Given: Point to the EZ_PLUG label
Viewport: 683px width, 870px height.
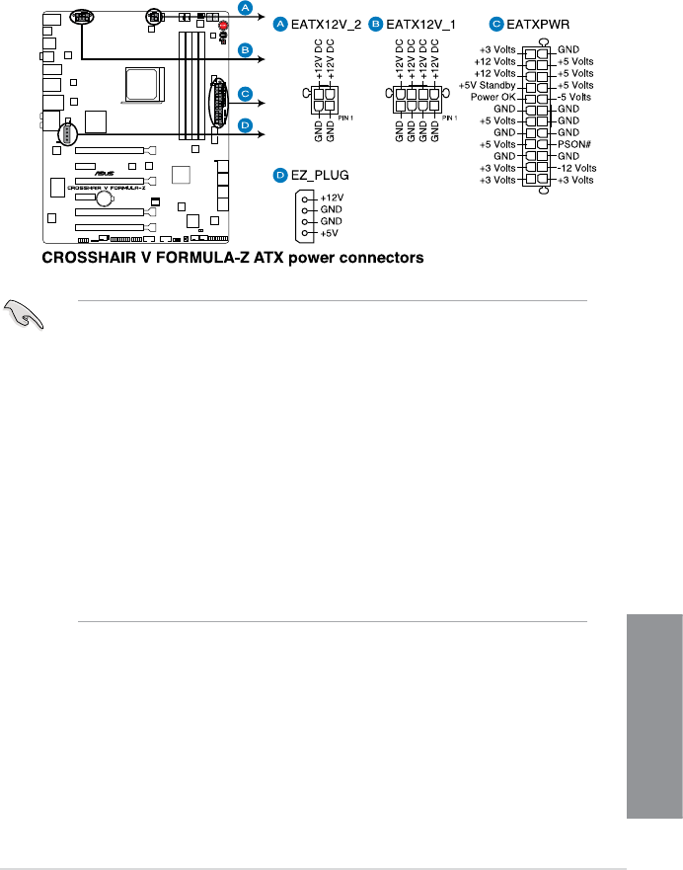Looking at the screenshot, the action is pos(320,175).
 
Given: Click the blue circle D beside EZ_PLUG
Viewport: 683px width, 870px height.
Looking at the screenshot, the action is pos(280,175).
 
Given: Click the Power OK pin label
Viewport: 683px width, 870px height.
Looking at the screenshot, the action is pos(494,98).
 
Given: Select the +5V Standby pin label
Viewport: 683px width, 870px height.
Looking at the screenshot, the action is pos(489,85).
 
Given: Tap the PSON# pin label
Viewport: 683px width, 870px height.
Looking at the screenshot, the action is pos(573,144).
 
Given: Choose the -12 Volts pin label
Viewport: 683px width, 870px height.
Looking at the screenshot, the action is pos(575,168).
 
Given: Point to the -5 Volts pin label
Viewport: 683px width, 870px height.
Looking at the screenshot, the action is pos(575,98).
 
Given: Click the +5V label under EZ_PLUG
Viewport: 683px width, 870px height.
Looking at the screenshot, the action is pos(329,233).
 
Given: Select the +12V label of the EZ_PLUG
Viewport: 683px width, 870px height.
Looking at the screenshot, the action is pos(330,198).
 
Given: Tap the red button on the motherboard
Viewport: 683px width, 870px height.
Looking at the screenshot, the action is pos(224,26).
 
